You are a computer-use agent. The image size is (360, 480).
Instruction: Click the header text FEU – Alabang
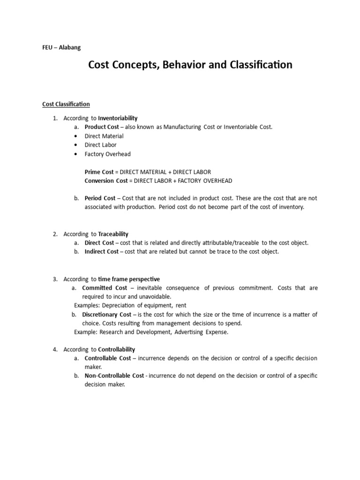coord(61,47)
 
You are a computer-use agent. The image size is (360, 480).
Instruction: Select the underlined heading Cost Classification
coord(66,104)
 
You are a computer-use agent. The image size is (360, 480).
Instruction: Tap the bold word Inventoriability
coord(118,118)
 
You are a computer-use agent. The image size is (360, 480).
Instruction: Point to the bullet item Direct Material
coord(104,136)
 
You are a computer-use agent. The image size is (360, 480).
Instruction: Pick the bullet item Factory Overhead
coord(107,154)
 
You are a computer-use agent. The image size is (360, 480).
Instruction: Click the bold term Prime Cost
coord(99,172)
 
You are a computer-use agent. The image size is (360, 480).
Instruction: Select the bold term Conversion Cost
coord(105,180)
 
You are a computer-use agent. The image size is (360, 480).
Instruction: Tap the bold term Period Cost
coord(100,198)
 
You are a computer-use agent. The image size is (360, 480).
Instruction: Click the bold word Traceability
coord(113,234)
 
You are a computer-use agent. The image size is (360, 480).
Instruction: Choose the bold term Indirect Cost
coord(101,252)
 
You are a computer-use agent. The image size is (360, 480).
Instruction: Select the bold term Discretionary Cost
coord(106,315)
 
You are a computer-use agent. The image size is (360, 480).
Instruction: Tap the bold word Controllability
coord(116,349)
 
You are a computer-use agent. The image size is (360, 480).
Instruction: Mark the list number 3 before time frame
coord(55,279)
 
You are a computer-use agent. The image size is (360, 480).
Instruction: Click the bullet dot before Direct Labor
coord(75,145)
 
